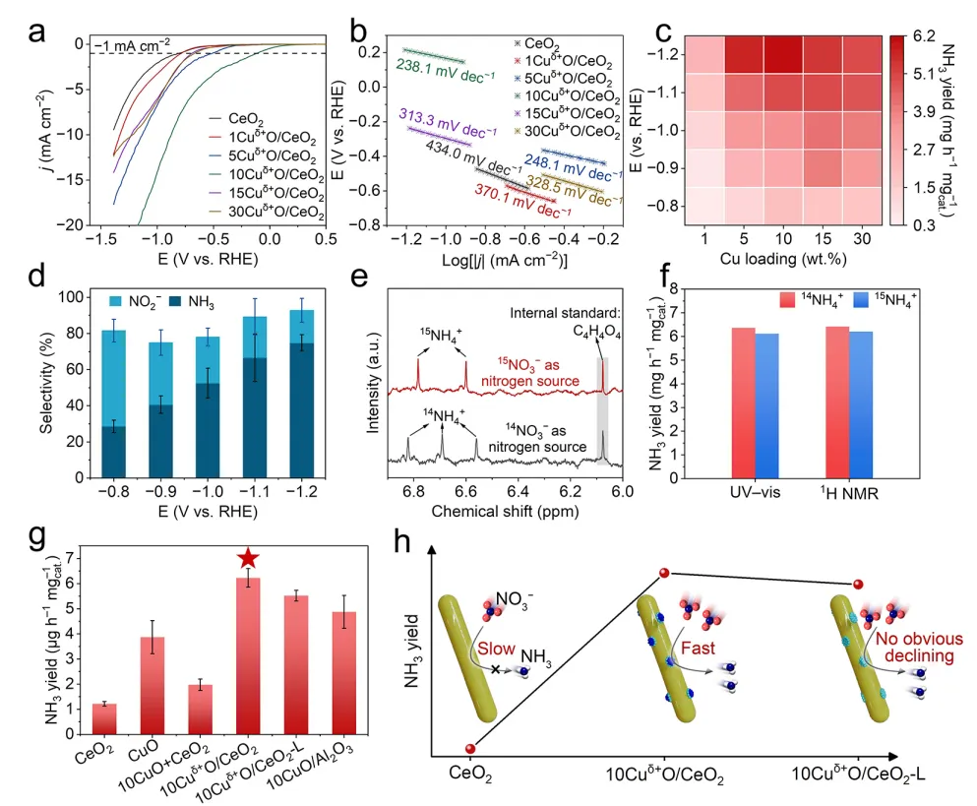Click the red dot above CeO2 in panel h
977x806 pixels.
click(x=471, y=749)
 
